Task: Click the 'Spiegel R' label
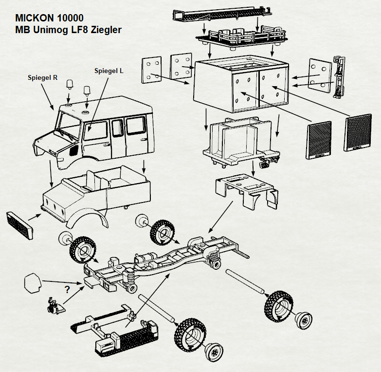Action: tap(42, 77)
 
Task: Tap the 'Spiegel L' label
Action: tap(109, 71)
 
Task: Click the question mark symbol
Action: tap(67, 290)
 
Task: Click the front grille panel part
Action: tap(19, 225)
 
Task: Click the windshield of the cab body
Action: tap(69, 125)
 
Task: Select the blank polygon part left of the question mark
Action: tap(32, 283)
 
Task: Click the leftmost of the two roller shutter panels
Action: tap(319, 140)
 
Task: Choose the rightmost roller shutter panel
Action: tap(358, 132)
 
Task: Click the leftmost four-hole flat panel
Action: tap(152, 70)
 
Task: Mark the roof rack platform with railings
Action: tap(242, 37)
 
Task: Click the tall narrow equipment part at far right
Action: tap(339, 77)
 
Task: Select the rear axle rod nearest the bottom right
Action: tap(245, 281)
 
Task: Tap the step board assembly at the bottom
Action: tap(114, 333)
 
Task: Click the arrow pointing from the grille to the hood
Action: tap(35, 217)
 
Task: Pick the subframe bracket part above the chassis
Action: tap(247, 191)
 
